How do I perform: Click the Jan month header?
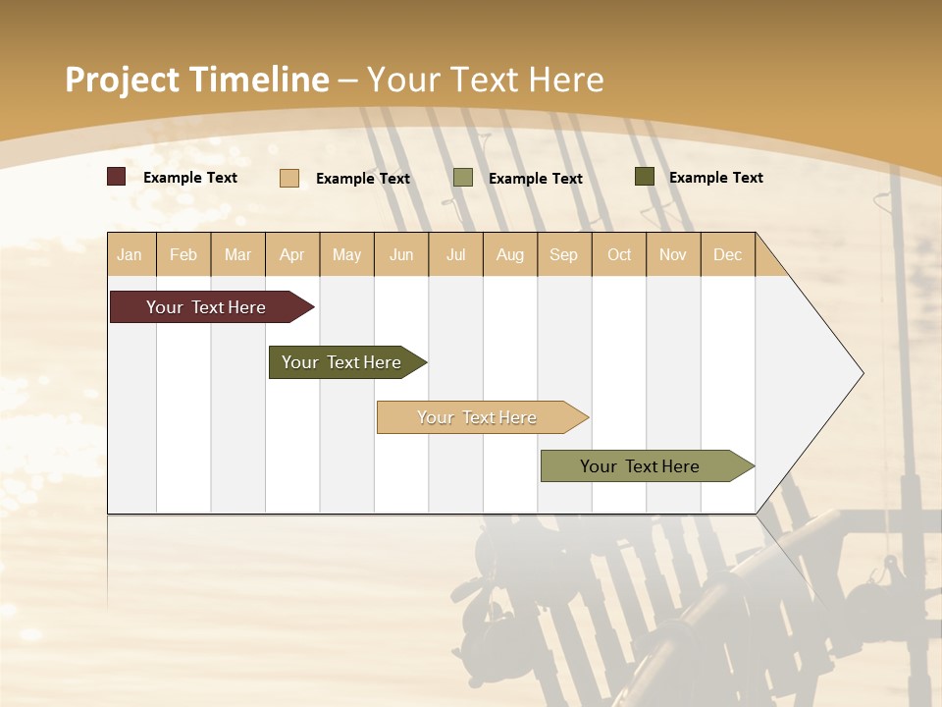tap(130, 254)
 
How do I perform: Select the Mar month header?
tap(237, 254)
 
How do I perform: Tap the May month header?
tap(346, 254)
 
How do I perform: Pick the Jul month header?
tap(455, 254)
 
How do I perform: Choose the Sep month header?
tap(563, 254)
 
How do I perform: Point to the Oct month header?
tap(619, 254)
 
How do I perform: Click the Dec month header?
tap(727, 254)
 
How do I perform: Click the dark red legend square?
tap(117, 177)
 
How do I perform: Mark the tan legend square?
tap(289, 178)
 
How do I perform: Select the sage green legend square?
tap(463, 178)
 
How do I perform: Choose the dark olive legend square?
tap(645, 177)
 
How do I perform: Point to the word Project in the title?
tap(123, 80)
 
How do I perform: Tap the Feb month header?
tap(183, 254)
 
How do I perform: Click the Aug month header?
tap(509, 254)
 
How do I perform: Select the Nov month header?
tap(672, 254)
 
